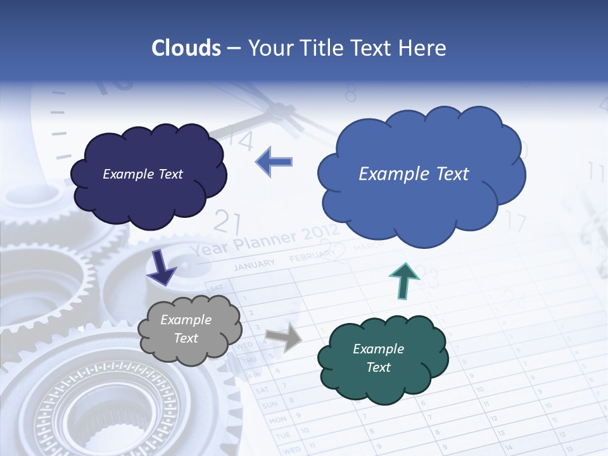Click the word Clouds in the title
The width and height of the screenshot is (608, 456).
pyautogui.click(x=186, y=48)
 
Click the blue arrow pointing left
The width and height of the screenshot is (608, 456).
pyautogui.click(x=274, y=161)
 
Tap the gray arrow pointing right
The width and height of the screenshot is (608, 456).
pyautogui.click(x=284, y=337)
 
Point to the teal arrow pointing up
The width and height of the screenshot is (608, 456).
pyautogui.click(x=403, y=279)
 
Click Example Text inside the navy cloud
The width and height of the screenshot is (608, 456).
pyautogui.click(x=142, y=174)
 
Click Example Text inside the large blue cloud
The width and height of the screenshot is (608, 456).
pyautogui.click(x=414, y=174)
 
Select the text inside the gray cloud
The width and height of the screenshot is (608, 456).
pyautogui.click(x=186, y=329)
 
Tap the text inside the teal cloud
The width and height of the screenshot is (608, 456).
pyautogui.click(x=378, y=358)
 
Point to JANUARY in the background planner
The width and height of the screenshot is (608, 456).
pyautogui.click(x=255, y=264)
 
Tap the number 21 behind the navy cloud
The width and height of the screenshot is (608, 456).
pyautogui.click(x=227, y=222)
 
